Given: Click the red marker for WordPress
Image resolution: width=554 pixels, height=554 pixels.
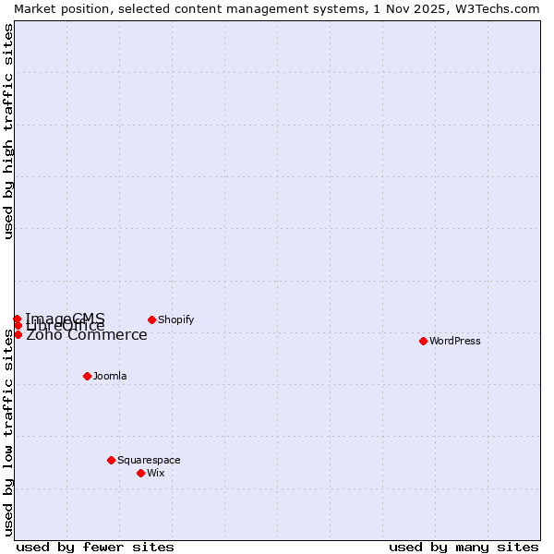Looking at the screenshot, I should (x=423, y=341).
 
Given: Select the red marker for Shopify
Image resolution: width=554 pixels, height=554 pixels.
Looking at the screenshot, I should (x=151, y=319).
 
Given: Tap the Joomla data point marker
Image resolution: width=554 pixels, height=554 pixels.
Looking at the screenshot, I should (x=87, y=376).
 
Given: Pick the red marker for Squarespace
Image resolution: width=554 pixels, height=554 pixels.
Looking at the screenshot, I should (x=111, y=460).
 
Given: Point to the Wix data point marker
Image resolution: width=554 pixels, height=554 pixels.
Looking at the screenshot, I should (x=140, y=473).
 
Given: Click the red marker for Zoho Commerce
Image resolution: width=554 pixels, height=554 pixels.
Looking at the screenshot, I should (x=18, y=334).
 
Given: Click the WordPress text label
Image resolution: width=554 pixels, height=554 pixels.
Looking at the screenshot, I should (x=455, y=341).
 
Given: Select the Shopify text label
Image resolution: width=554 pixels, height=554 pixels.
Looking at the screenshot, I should (x=175, y=319).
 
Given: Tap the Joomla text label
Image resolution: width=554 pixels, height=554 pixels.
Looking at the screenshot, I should (x=110, y=376).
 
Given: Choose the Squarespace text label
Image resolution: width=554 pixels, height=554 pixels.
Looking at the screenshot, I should (x=149, y=460).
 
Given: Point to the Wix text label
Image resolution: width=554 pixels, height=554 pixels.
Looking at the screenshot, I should (x=155, y=473).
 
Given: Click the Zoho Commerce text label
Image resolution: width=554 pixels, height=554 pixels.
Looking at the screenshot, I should (x=86, y=335).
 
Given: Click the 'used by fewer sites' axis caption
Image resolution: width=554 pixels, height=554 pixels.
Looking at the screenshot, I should (x=95, y=547).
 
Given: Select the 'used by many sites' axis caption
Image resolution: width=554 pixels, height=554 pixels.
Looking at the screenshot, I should (x=464, y=547).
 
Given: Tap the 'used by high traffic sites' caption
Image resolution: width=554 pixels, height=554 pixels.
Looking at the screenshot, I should (x=8, y=131).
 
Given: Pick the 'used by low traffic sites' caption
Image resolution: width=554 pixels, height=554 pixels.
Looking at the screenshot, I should (x=8, y=432).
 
